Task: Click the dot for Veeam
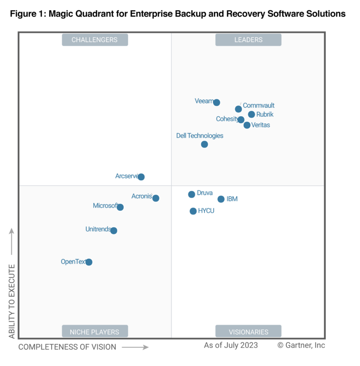tap(217, 103)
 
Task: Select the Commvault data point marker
tap(239, 109)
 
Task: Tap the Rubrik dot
tap(251, 114)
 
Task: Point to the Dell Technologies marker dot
tap(204, 144)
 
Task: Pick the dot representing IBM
tap(221, 199)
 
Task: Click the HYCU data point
tap(193, 211)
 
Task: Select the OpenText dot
tap(89, 262)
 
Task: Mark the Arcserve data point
tap(141, 177)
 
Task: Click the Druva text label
tap(205, 193)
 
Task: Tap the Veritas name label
tap(261, 125)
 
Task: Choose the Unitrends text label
tap(98, 229)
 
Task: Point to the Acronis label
tap(142, 196)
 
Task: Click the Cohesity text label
tap(227, 119)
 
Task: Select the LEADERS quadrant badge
tap(248, 40)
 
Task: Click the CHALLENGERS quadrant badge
tap(95, 40)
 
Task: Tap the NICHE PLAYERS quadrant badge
tap(95, 332)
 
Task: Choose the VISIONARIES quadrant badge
tap(248, 332)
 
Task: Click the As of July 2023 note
tap(230, 345)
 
